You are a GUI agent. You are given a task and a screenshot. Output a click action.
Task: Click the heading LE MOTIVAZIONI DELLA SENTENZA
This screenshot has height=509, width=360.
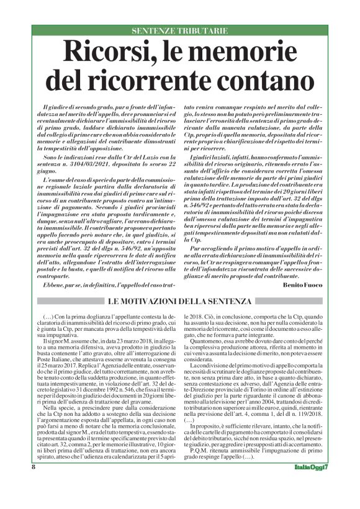tap(179, 301)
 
